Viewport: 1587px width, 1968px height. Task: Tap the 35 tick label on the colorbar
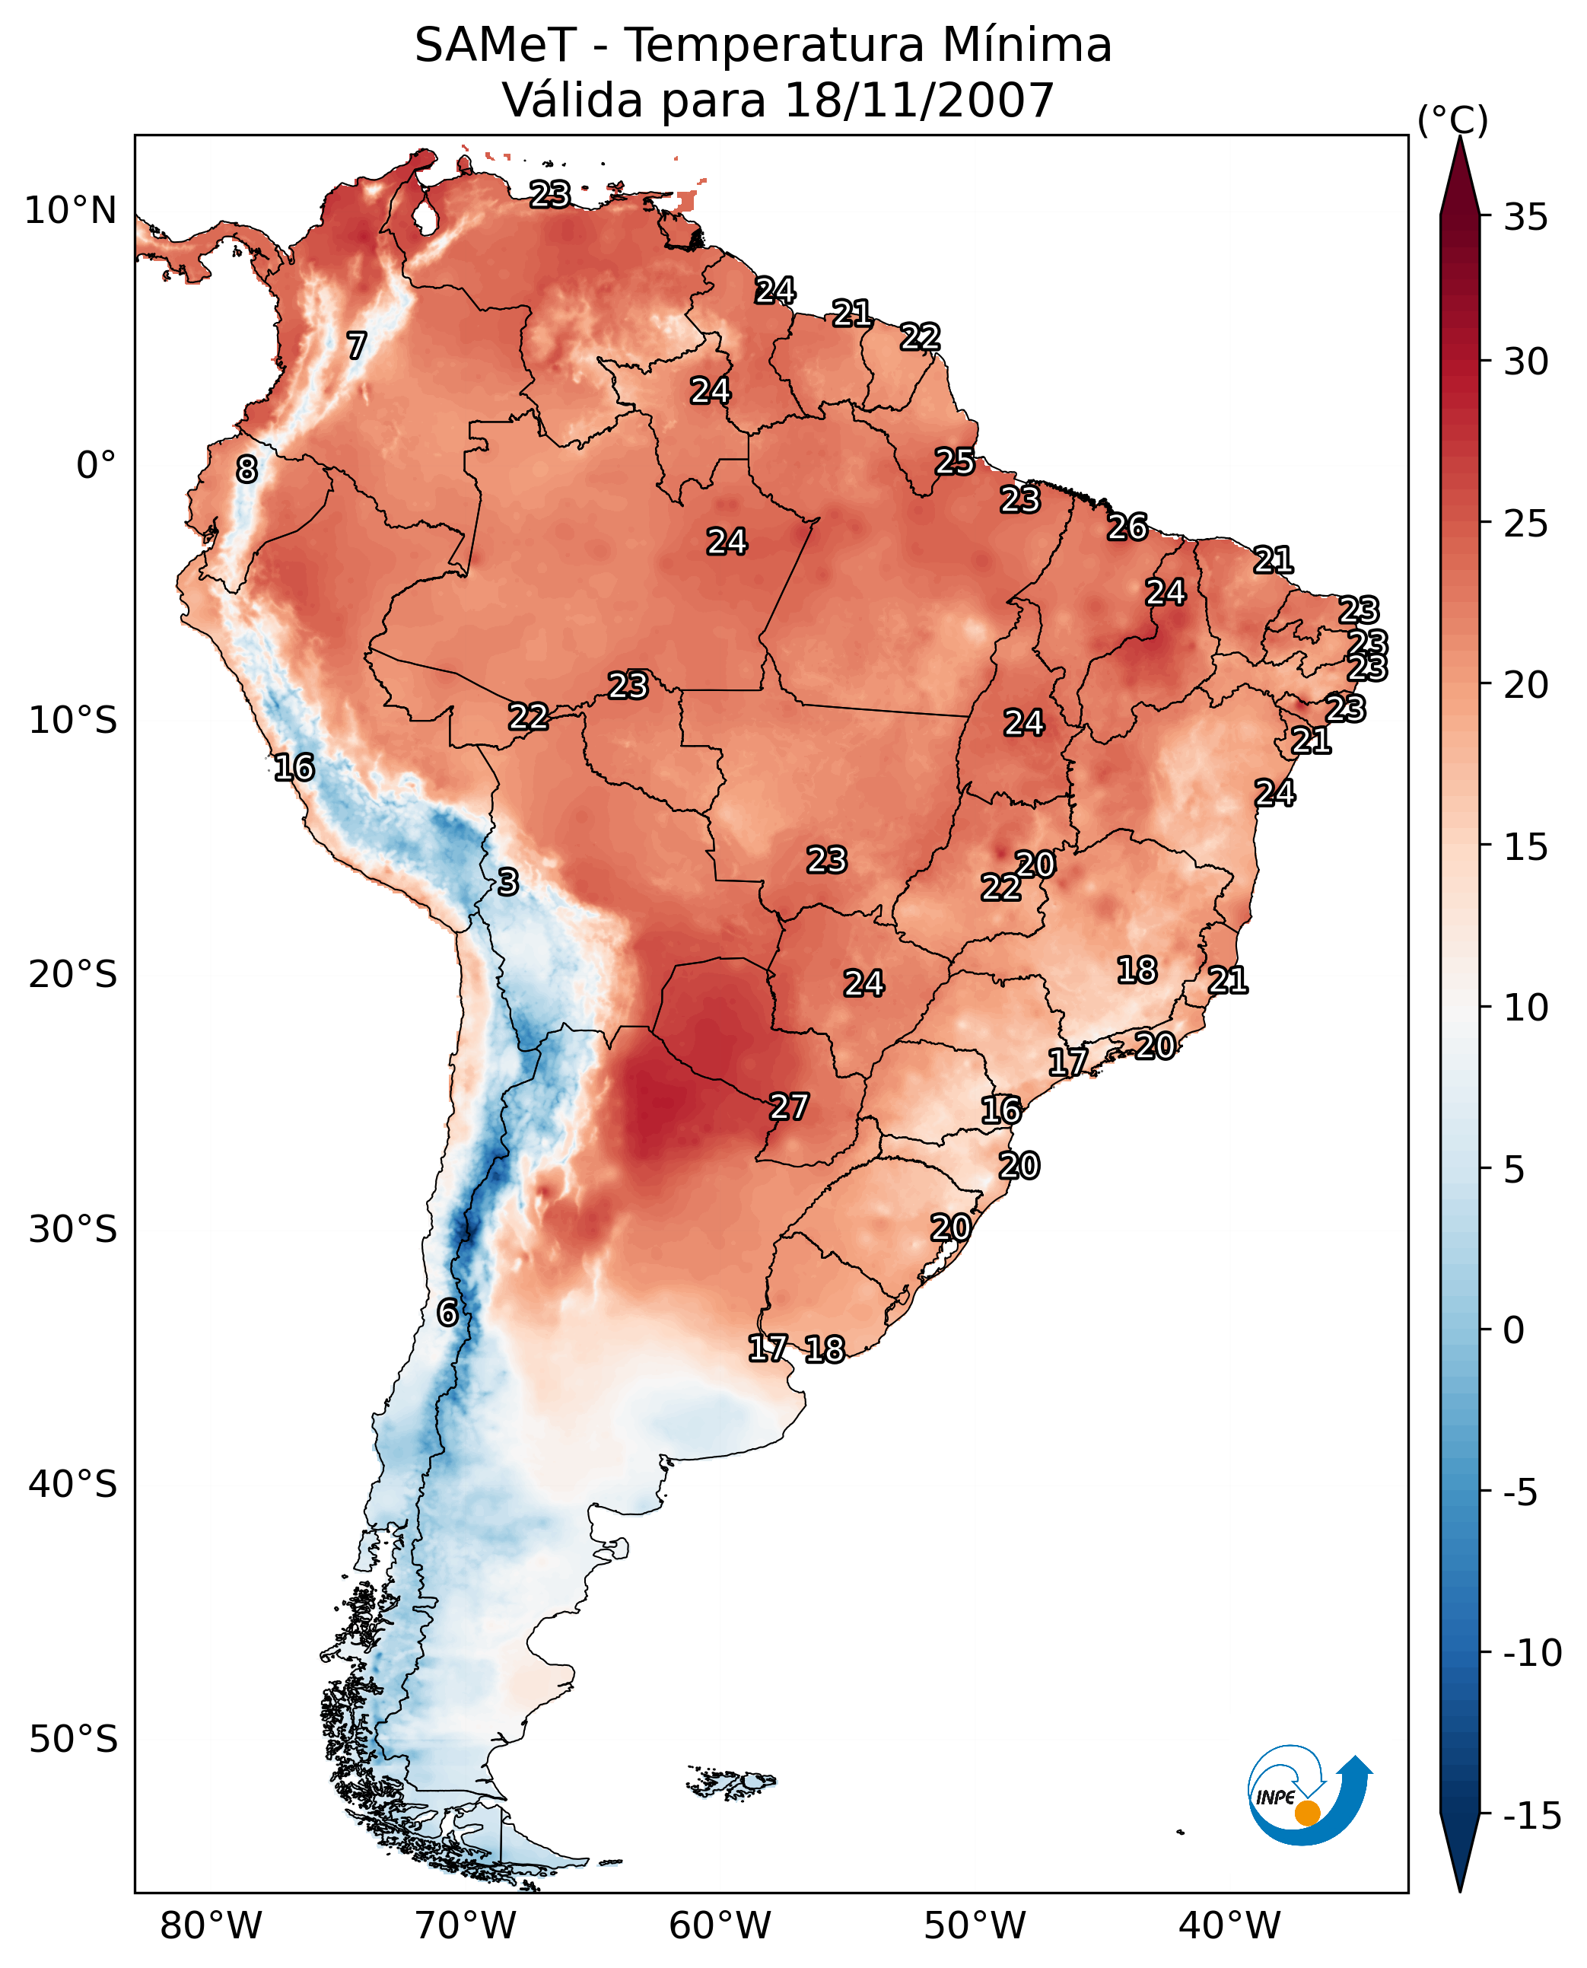1525,218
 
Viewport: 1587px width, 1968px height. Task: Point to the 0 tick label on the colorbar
1514,1330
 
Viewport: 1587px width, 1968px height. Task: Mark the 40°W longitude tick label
1229,1926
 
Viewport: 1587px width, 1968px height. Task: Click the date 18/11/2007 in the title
919,100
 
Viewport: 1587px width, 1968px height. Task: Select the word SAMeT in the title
495,46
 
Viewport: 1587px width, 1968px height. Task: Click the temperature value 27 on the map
789,1107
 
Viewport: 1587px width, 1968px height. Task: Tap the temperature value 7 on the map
357,346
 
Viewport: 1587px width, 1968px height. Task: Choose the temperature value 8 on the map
246,470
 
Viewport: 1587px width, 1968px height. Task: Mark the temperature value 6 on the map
447,1314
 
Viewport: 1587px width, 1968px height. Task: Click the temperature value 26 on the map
1127,527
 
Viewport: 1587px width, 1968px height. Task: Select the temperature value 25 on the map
954,462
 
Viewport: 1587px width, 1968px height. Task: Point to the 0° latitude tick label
96,467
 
